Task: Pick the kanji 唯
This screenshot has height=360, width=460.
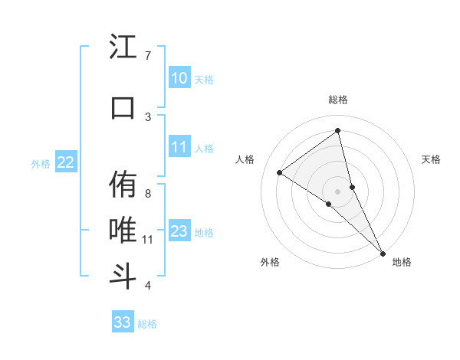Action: coord(123,230)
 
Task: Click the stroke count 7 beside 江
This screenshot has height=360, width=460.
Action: coord(148,56)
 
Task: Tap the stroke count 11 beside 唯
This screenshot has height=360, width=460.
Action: coord(148,240)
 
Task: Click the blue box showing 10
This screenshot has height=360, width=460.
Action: coord(179,78)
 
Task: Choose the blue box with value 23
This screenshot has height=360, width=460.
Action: coord(179,231)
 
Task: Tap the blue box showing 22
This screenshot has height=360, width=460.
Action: coord(66,162)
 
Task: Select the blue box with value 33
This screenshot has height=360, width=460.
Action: coord(122,322)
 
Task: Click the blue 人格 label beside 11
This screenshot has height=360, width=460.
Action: coord(204,149)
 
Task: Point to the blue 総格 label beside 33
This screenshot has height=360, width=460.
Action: coord(147,324)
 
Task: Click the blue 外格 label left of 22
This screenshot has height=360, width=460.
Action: coord(41,163)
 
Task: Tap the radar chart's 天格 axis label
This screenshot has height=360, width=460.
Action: coord(432,159)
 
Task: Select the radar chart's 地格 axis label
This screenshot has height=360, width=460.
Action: coord(402,262)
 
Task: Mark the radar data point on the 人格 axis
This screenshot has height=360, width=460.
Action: coord(279,172)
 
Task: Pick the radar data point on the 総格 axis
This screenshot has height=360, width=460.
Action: coord(337,130)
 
